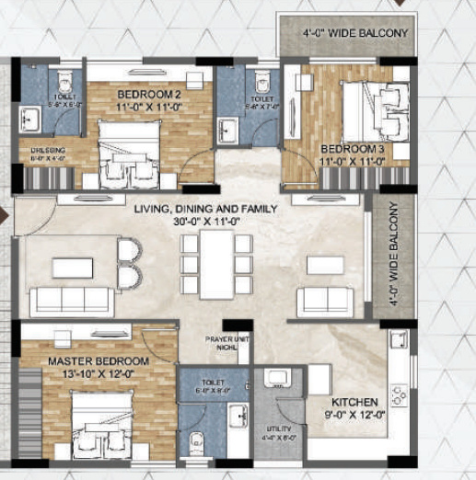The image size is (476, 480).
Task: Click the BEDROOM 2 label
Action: tap(147, 94)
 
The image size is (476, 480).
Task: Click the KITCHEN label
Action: tap(354, 403)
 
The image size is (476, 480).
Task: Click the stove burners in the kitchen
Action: tap(400, 395)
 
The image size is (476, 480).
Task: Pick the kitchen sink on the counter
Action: tap(398, 343)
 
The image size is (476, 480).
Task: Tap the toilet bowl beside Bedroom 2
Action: tap(65, 78)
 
